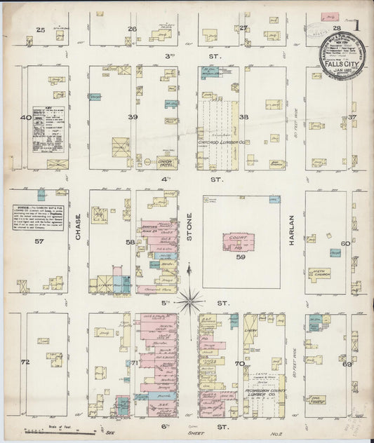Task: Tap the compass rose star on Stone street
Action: (189, 302)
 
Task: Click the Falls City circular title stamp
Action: (341, 55)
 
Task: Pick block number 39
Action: (131, 117)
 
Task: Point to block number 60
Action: (345, 243)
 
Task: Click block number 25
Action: (41, 29)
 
